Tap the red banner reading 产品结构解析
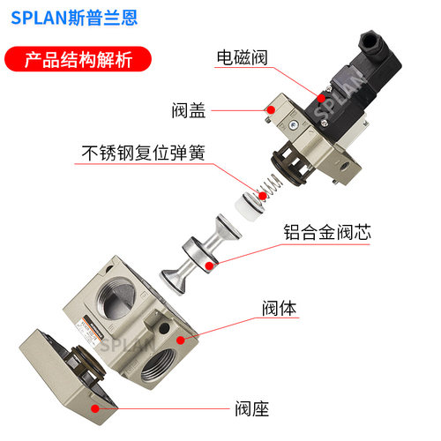point(78,59)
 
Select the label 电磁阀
point(242,57)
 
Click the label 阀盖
point(189,110)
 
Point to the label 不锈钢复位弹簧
point(143,153)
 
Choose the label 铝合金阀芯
point(327,232)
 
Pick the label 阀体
point(280,308)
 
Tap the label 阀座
point(252,408)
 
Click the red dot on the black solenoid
point(321,98)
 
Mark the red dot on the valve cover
point(271,110)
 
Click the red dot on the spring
point(262,196)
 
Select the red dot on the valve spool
point(209,265)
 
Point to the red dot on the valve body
point(181,340)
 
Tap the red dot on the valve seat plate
point(94,408)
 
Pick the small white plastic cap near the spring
point(250,206)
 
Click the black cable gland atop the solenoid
point(371,42)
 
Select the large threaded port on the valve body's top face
point(117,297)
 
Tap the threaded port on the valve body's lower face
point(158,364)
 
